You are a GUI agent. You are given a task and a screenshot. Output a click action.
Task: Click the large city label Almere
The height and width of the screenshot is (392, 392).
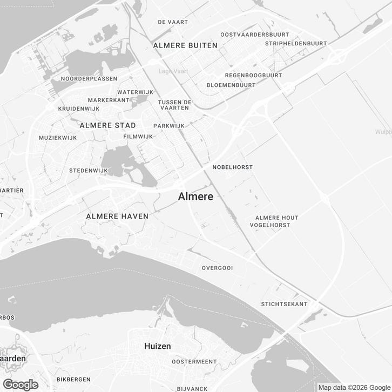[x=195, y=197]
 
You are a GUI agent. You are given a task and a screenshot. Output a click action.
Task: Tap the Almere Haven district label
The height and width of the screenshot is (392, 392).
[x=117, y=216]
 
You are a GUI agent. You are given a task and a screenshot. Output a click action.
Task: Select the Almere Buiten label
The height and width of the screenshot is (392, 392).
[x=185, y=45]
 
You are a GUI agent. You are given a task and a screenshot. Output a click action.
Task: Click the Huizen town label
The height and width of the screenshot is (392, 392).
[x=158, y=346]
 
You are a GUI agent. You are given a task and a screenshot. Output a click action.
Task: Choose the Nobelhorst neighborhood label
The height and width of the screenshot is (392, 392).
[x=233, y=167]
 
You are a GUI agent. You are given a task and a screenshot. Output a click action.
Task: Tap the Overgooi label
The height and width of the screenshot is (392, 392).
[x=217, y=268]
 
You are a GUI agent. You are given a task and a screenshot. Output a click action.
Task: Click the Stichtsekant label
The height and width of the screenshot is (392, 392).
[x=284, y=304]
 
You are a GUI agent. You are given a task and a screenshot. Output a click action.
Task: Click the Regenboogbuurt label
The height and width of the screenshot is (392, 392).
[x=253, y=76]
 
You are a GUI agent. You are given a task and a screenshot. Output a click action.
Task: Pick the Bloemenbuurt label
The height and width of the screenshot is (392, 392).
[x=231, y=85]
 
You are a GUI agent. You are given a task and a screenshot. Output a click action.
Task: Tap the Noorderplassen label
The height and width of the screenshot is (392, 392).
[x=89, y=79]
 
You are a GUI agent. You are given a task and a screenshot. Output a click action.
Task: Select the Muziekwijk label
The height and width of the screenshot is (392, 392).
[x=58, y=138]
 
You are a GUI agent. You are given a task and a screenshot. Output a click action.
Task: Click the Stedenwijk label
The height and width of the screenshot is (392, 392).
[x=89, y=171]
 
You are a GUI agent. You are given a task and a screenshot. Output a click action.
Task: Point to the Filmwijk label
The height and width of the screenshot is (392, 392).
[x=138, y=137]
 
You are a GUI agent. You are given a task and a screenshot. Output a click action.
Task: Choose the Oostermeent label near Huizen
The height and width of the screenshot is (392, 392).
[x=194, y=361]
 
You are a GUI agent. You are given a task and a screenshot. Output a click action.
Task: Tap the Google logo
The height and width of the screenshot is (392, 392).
[x=20, y=384]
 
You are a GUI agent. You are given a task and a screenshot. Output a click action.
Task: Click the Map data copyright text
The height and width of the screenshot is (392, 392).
[x=353, y=387]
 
